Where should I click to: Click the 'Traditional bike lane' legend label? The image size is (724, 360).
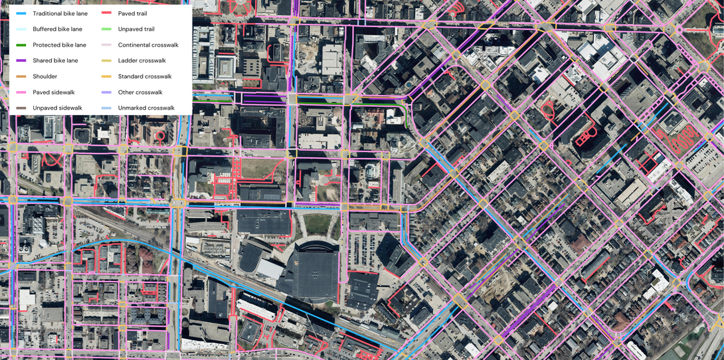pyautogui.click(x=60, y=13)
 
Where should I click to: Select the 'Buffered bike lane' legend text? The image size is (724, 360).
pyautogui.click(x=58, y=29)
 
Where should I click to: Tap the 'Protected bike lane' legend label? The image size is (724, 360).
pyautogui.click(x=59, y=45)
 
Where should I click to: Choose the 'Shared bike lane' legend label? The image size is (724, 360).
pyautogui.click(x=55, y=60)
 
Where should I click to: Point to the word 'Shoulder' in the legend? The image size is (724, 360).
pyautogui.click(x=45, y=76)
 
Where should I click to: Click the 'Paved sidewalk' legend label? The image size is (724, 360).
pyautogui.click(x=54, y=92)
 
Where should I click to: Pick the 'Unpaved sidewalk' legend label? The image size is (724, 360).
pyautogui.click(x=57, y=108)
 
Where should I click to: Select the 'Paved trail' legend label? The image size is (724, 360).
pyautogui.click(x=132, y=13)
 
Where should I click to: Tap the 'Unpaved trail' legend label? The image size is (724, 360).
pyautogui.click(x=136, y=29)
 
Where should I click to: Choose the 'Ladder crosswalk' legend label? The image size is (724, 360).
pyautogui.click(x=141, y=60)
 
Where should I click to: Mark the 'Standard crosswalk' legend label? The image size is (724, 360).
pyautogui.click(x=144, y=76)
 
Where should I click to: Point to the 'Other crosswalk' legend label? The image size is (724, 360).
pyautogui.click(x=140, y=92)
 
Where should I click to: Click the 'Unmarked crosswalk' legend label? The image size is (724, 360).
pyautogui.click(x=146, y=108)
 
